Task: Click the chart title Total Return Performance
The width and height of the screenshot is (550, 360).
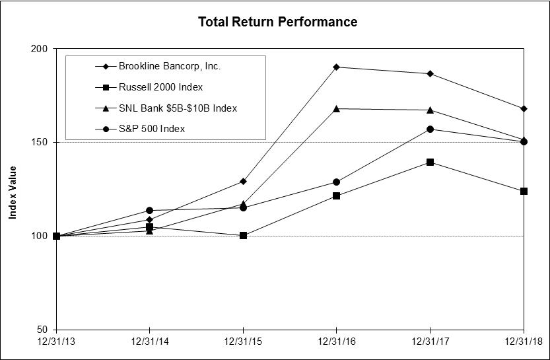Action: point(278,22)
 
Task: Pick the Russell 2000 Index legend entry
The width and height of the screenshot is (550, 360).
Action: point(160,87)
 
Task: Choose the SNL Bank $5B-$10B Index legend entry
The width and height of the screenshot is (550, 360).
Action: point(177,108)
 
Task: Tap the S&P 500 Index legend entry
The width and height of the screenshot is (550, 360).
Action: point(152,129)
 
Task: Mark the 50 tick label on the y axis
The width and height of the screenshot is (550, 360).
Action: point(42,330)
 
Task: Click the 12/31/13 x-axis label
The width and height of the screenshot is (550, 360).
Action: point(56,342)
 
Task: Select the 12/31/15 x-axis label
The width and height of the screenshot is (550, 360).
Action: point(243,342)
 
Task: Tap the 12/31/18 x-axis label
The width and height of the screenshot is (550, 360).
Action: point(523,342)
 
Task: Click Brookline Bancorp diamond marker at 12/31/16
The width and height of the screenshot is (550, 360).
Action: point(337,67)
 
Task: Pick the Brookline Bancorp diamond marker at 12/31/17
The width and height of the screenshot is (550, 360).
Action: point(430,73)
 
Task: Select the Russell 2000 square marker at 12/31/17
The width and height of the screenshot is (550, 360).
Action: point(430,162)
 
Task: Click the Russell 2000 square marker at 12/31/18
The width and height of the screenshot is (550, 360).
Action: point(524,191)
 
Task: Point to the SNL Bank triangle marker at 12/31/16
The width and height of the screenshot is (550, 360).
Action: point(337,108)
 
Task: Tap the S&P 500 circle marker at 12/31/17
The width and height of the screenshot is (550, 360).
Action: point(430,129)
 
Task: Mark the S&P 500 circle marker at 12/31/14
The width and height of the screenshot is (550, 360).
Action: point(150,210)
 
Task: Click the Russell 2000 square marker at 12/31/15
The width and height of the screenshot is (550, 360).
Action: point(243,235)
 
